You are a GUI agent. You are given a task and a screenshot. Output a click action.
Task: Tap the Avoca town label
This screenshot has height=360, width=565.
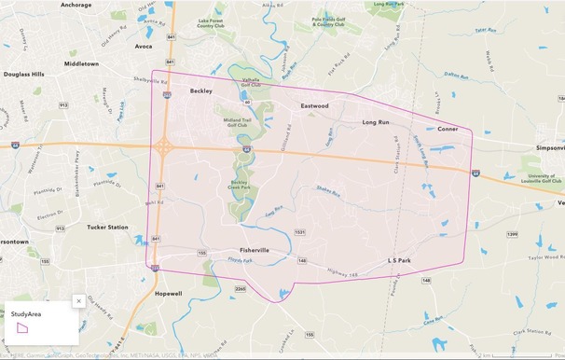[143, 46]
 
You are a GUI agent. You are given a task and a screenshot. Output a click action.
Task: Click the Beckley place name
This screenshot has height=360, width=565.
[201, 91]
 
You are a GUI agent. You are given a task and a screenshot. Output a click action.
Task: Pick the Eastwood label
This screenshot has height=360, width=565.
[314, 106]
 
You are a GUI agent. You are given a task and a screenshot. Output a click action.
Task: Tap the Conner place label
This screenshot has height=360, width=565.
[448, 129]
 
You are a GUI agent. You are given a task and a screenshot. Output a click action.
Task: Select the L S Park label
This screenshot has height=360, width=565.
[399, 260]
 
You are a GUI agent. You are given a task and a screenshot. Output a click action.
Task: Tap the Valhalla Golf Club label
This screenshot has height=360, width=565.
[251, 83]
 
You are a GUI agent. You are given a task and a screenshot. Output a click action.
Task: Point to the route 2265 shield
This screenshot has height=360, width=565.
[241, 289]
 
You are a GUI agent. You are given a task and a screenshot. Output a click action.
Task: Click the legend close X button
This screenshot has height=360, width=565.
[79, 301]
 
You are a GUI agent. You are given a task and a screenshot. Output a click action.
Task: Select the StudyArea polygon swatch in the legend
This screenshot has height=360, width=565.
[23, 327]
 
